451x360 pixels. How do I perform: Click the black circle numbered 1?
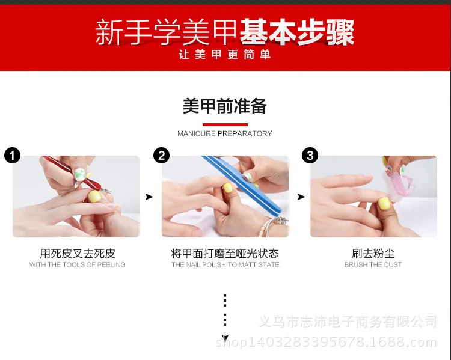tap(13, 156)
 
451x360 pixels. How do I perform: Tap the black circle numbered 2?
tap(161, 156)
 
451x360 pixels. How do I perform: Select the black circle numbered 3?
tap(310, 156)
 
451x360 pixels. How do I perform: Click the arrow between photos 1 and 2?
tap(149, 197)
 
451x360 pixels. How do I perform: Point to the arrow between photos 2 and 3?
tap(301, 197)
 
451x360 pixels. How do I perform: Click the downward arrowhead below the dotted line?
tap(225, 338)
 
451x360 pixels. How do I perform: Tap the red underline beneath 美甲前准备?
tap(225, 124)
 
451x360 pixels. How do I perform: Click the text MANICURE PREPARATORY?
tap(225, 133)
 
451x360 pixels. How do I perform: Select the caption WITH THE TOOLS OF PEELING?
tap(78, 264)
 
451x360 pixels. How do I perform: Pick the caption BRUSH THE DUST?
tap(373, 264)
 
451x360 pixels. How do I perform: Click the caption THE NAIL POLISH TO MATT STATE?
tap(226, 264)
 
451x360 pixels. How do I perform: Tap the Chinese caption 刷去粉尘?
tap(373, 254)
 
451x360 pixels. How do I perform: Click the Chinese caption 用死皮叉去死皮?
tap(78, 254)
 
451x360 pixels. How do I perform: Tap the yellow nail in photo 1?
tap(94, 197)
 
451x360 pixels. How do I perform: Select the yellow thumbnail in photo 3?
tap(384, 204)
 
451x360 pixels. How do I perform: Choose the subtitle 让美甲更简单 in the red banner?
tap(225, 54)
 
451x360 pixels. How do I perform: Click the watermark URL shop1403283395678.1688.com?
tap(326, 342)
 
